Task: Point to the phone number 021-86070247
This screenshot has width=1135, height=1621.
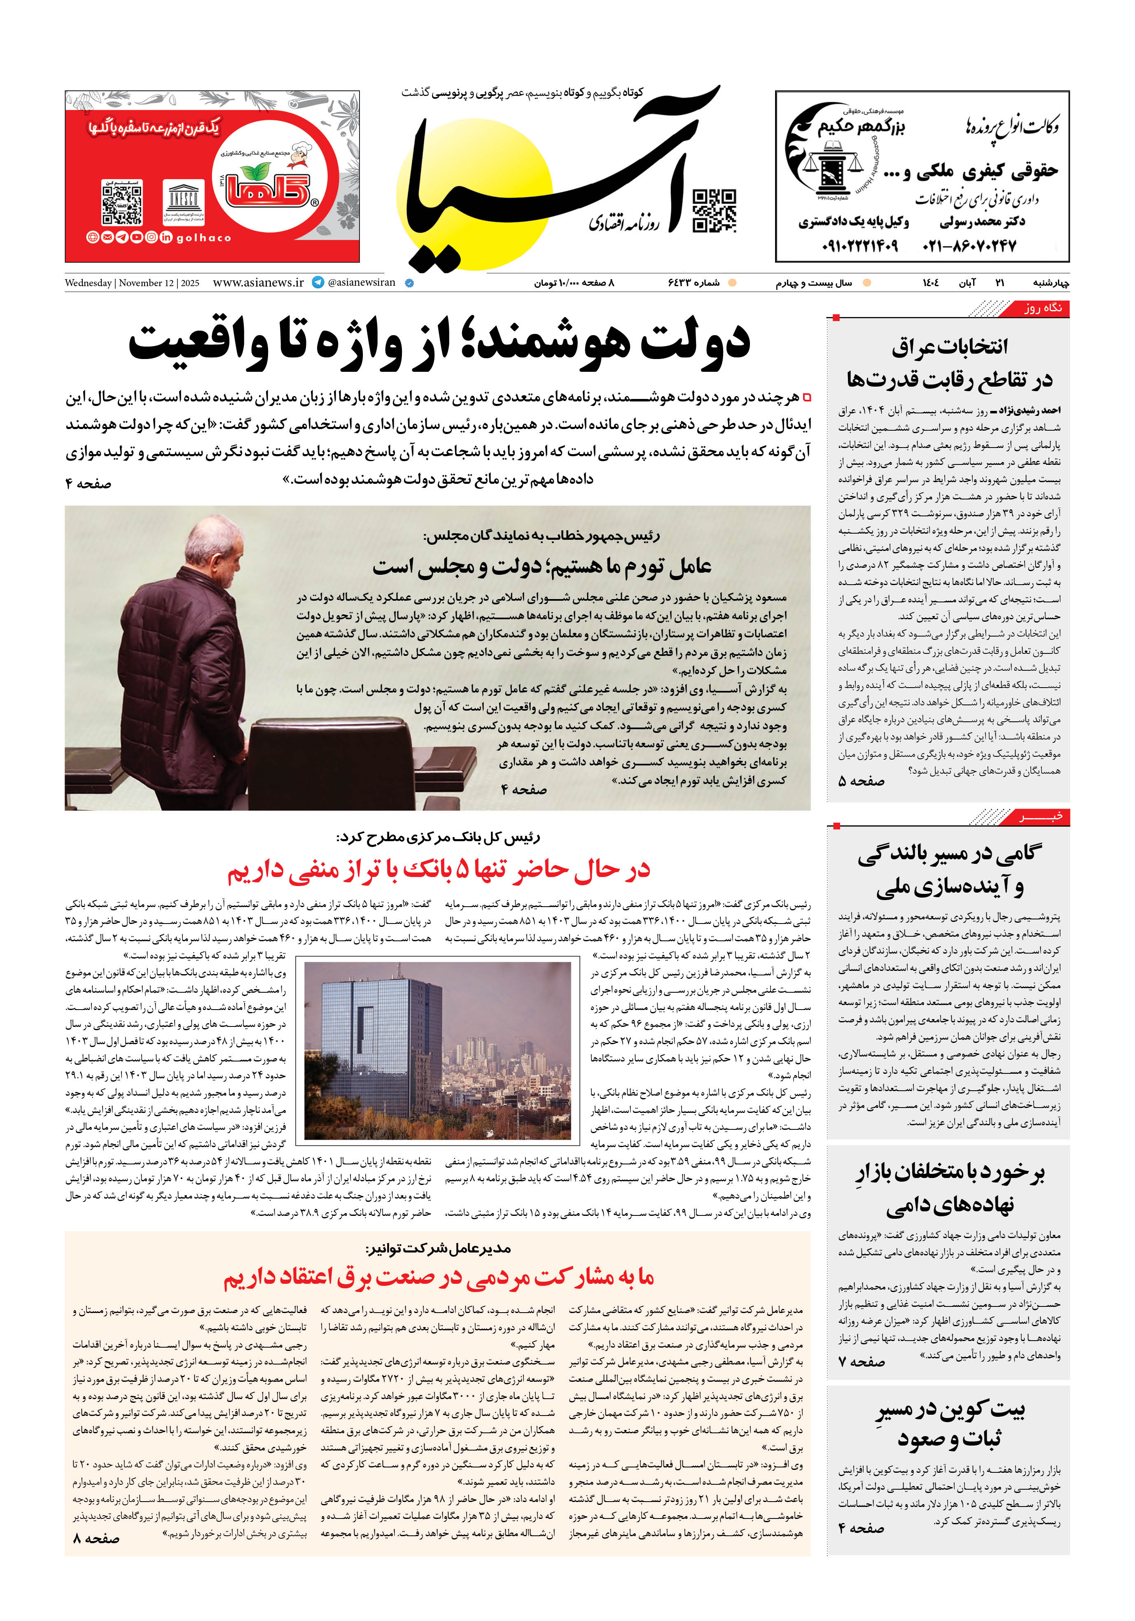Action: click(969, 246)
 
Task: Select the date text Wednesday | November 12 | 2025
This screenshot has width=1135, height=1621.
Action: click(132, 283)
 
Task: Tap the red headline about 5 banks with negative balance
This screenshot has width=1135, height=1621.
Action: click(438, 870)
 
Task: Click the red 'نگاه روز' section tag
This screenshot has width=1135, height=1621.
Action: click(1042, 308)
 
